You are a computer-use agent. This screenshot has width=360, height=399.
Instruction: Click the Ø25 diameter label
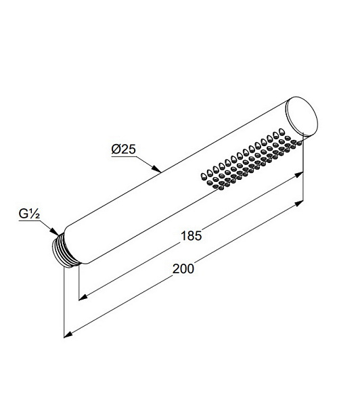point(123,149)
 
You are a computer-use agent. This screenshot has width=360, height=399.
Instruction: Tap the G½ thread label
point(29,214)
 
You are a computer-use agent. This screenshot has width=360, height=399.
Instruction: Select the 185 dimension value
point(191,235)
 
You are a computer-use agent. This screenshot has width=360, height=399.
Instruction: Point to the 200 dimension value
point(183,268)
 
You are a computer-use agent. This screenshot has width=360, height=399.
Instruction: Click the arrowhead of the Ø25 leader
point(156,169)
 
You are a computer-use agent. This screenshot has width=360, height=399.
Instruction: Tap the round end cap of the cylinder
point(302,116)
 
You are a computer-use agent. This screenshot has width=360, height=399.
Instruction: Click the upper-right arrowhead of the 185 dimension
point(299,174)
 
